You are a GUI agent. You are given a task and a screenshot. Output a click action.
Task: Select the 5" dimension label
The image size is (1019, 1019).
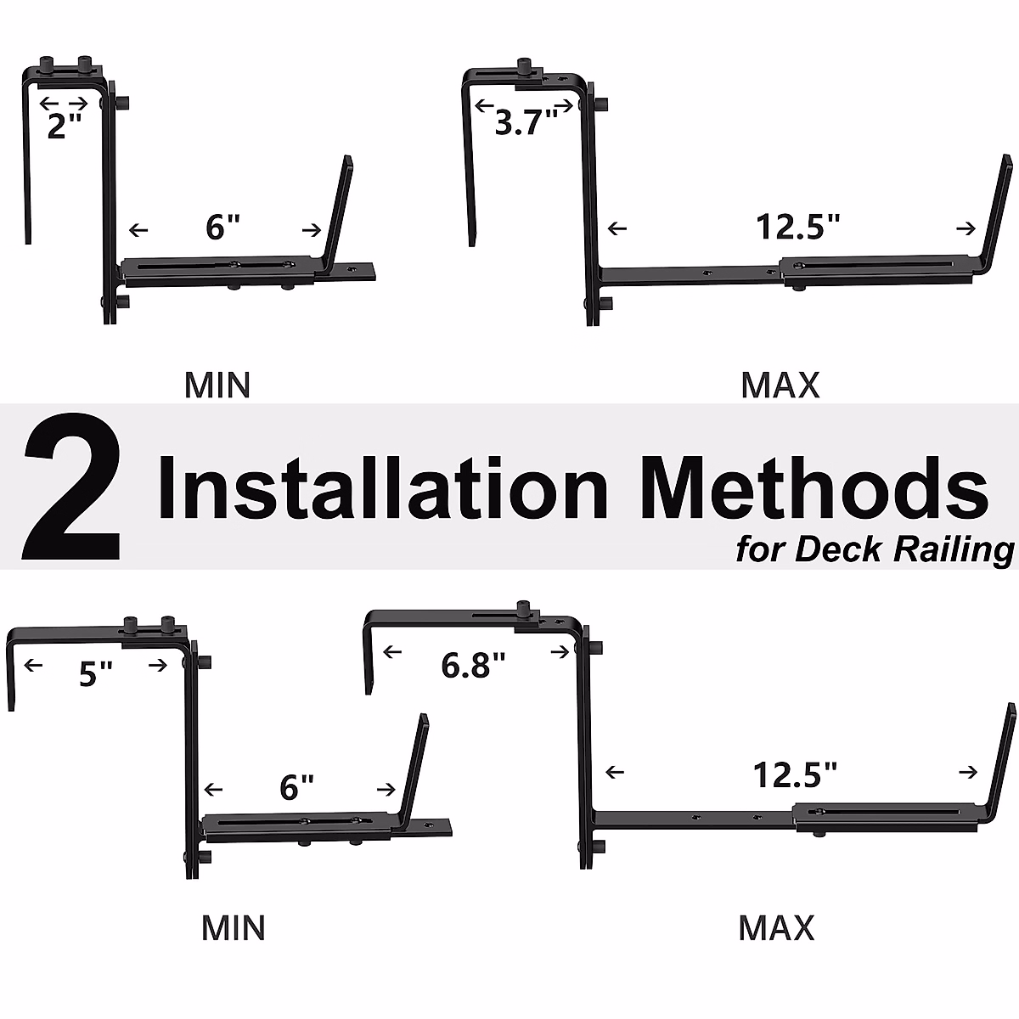pos(95,675)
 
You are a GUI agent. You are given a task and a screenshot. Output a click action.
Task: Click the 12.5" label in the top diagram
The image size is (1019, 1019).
pos(798,227)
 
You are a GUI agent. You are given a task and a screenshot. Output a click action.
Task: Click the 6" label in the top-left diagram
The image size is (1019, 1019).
pos(223,227)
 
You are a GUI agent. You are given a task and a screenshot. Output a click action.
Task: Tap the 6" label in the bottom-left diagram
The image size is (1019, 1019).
pos(297,788)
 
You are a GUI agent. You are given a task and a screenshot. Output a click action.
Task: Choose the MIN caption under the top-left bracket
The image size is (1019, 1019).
pos(217,386)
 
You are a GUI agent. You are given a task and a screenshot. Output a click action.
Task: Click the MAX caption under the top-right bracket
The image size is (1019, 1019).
pos(780,386)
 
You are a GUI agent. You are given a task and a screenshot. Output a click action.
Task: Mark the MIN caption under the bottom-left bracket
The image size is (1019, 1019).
pos(234,927)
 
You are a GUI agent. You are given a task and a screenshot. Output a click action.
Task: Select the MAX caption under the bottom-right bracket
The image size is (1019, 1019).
pos(776,927)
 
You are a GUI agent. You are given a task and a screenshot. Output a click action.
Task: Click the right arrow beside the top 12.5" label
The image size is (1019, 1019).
pos(966,228)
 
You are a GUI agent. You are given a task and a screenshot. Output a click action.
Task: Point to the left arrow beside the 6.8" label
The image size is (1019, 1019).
pos(392,652)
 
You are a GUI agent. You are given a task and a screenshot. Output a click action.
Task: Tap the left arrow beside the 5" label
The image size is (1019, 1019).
pos(34,665)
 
